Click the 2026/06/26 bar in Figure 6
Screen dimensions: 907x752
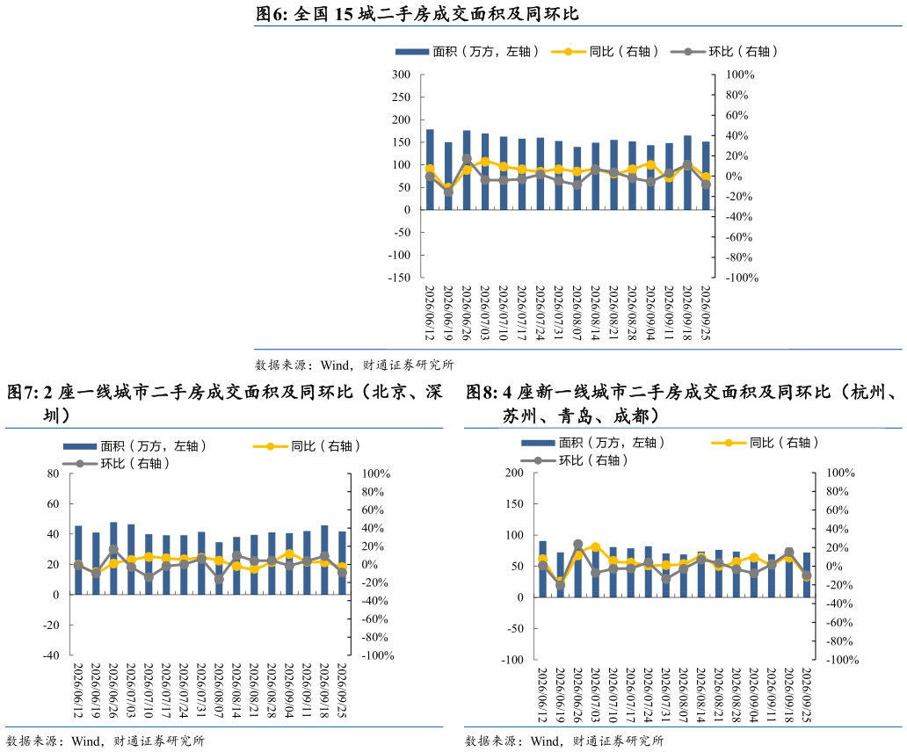(466, 170)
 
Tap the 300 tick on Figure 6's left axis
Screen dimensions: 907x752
(401, 75)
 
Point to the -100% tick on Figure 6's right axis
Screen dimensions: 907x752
(742, 278)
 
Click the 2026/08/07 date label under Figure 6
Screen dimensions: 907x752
(577, 312)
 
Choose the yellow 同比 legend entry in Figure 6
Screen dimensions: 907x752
(605, 52)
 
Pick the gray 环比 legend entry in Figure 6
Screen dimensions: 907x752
(723, 52)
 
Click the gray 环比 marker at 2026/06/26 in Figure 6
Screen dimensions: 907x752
(467, 158)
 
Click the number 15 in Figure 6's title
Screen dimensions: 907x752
(344, 14)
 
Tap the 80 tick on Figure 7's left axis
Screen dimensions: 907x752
(54, 474)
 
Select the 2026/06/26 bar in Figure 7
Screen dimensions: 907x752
(113, 559)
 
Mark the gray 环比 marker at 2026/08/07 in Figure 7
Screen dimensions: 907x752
(219, 579)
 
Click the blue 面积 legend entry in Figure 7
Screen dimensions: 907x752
(134, 446)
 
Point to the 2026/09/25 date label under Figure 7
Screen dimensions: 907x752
(341, 691)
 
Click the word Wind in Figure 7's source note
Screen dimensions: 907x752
(85, 741)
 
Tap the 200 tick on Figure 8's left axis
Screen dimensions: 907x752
(514, 473)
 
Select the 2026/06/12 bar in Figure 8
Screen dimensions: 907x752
(542, 569)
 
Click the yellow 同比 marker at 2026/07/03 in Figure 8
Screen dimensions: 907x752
(595, 546)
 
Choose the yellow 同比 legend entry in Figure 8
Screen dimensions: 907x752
(765, 443)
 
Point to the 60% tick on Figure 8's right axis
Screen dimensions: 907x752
(837, 510)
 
